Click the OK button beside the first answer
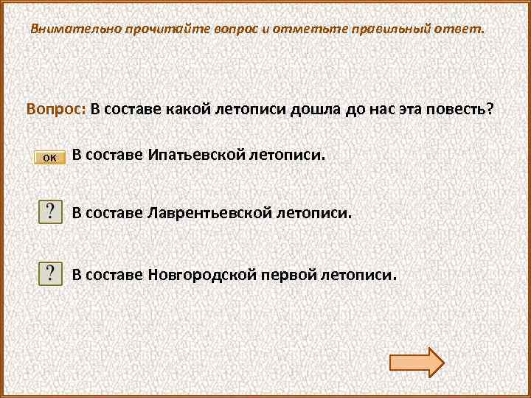[50, 156]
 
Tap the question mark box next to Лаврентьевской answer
[50, 213]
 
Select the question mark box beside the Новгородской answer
[50, 274]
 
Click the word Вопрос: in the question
[56, 109]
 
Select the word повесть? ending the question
[462, 109]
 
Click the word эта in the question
[407, 109]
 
